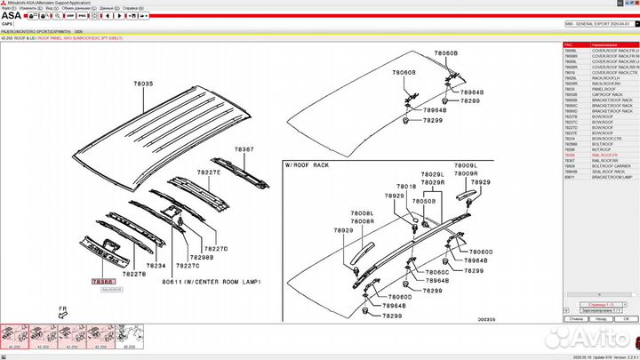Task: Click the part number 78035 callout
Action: click(143, 84)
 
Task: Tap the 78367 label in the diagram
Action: click(244, 149)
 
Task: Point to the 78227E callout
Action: click(209, 172)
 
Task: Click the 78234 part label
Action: click(156, 266)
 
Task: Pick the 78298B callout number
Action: click(201, 258)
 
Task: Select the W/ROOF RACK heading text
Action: click(308, 165)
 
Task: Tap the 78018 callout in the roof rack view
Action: click(406, 187)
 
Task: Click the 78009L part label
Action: click(466, 166)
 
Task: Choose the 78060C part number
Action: click(436, 272)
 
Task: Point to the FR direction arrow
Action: click(63, 313)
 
